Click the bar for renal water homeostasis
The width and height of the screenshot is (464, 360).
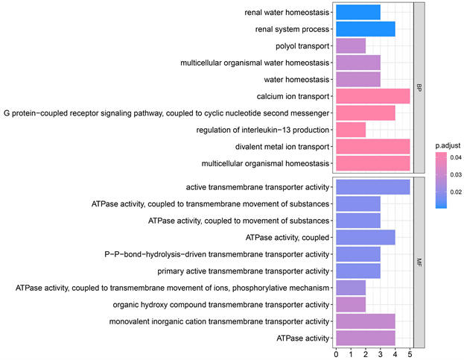click(x=358, y=13)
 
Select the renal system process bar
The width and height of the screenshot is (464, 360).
click(x=366, y=29)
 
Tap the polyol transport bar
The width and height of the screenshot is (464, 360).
click(x=351, y=46)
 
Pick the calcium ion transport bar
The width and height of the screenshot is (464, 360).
click(x=373, y=96)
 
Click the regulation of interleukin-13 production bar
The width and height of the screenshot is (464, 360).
click(x=351, y=130)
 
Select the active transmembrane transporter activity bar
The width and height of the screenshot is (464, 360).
click(x=373, y=186)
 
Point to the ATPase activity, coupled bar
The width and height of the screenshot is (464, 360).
click(x=366, y=237)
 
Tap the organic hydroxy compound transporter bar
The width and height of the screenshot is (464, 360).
click(x=351, y=304)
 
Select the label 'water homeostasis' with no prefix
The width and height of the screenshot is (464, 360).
click(x=296, y=80)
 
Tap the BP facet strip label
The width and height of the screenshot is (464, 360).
click(x=419, y=88)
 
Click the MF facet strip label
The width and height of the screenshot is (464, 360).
click(x=419, y=262)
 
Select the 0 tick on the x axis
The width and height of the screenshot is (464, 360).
click(x=337, y=353)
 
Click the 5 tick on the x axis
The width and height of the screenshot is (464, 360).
click(x=410, y=353)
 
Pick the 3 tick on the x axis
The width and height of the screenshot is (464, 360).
click(x=381, y=353)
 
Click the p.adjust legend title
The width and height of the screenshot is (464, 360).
click(x=448, y=145)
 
